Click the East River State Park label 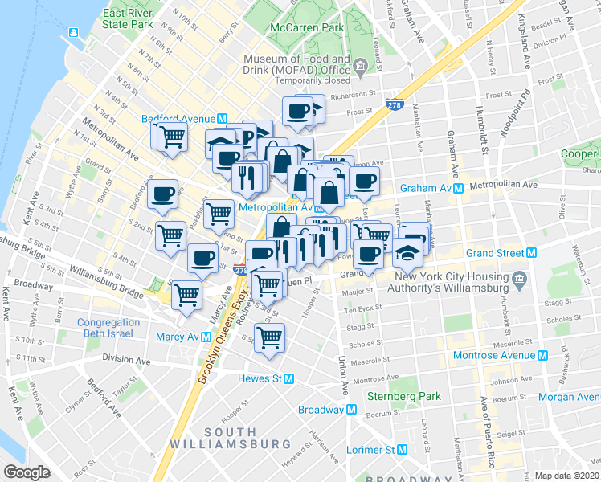(x=128, y=19)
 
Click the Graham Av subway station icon (x=458, y=188)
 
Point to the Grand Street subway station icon (x=531, y=253)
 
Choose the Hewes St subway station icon (x=289, y=378)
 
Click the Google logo (x=27, y=472)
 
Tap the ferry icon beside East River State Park (x=73, y=32)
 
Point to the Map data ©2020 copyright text (x=567, y=476)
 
